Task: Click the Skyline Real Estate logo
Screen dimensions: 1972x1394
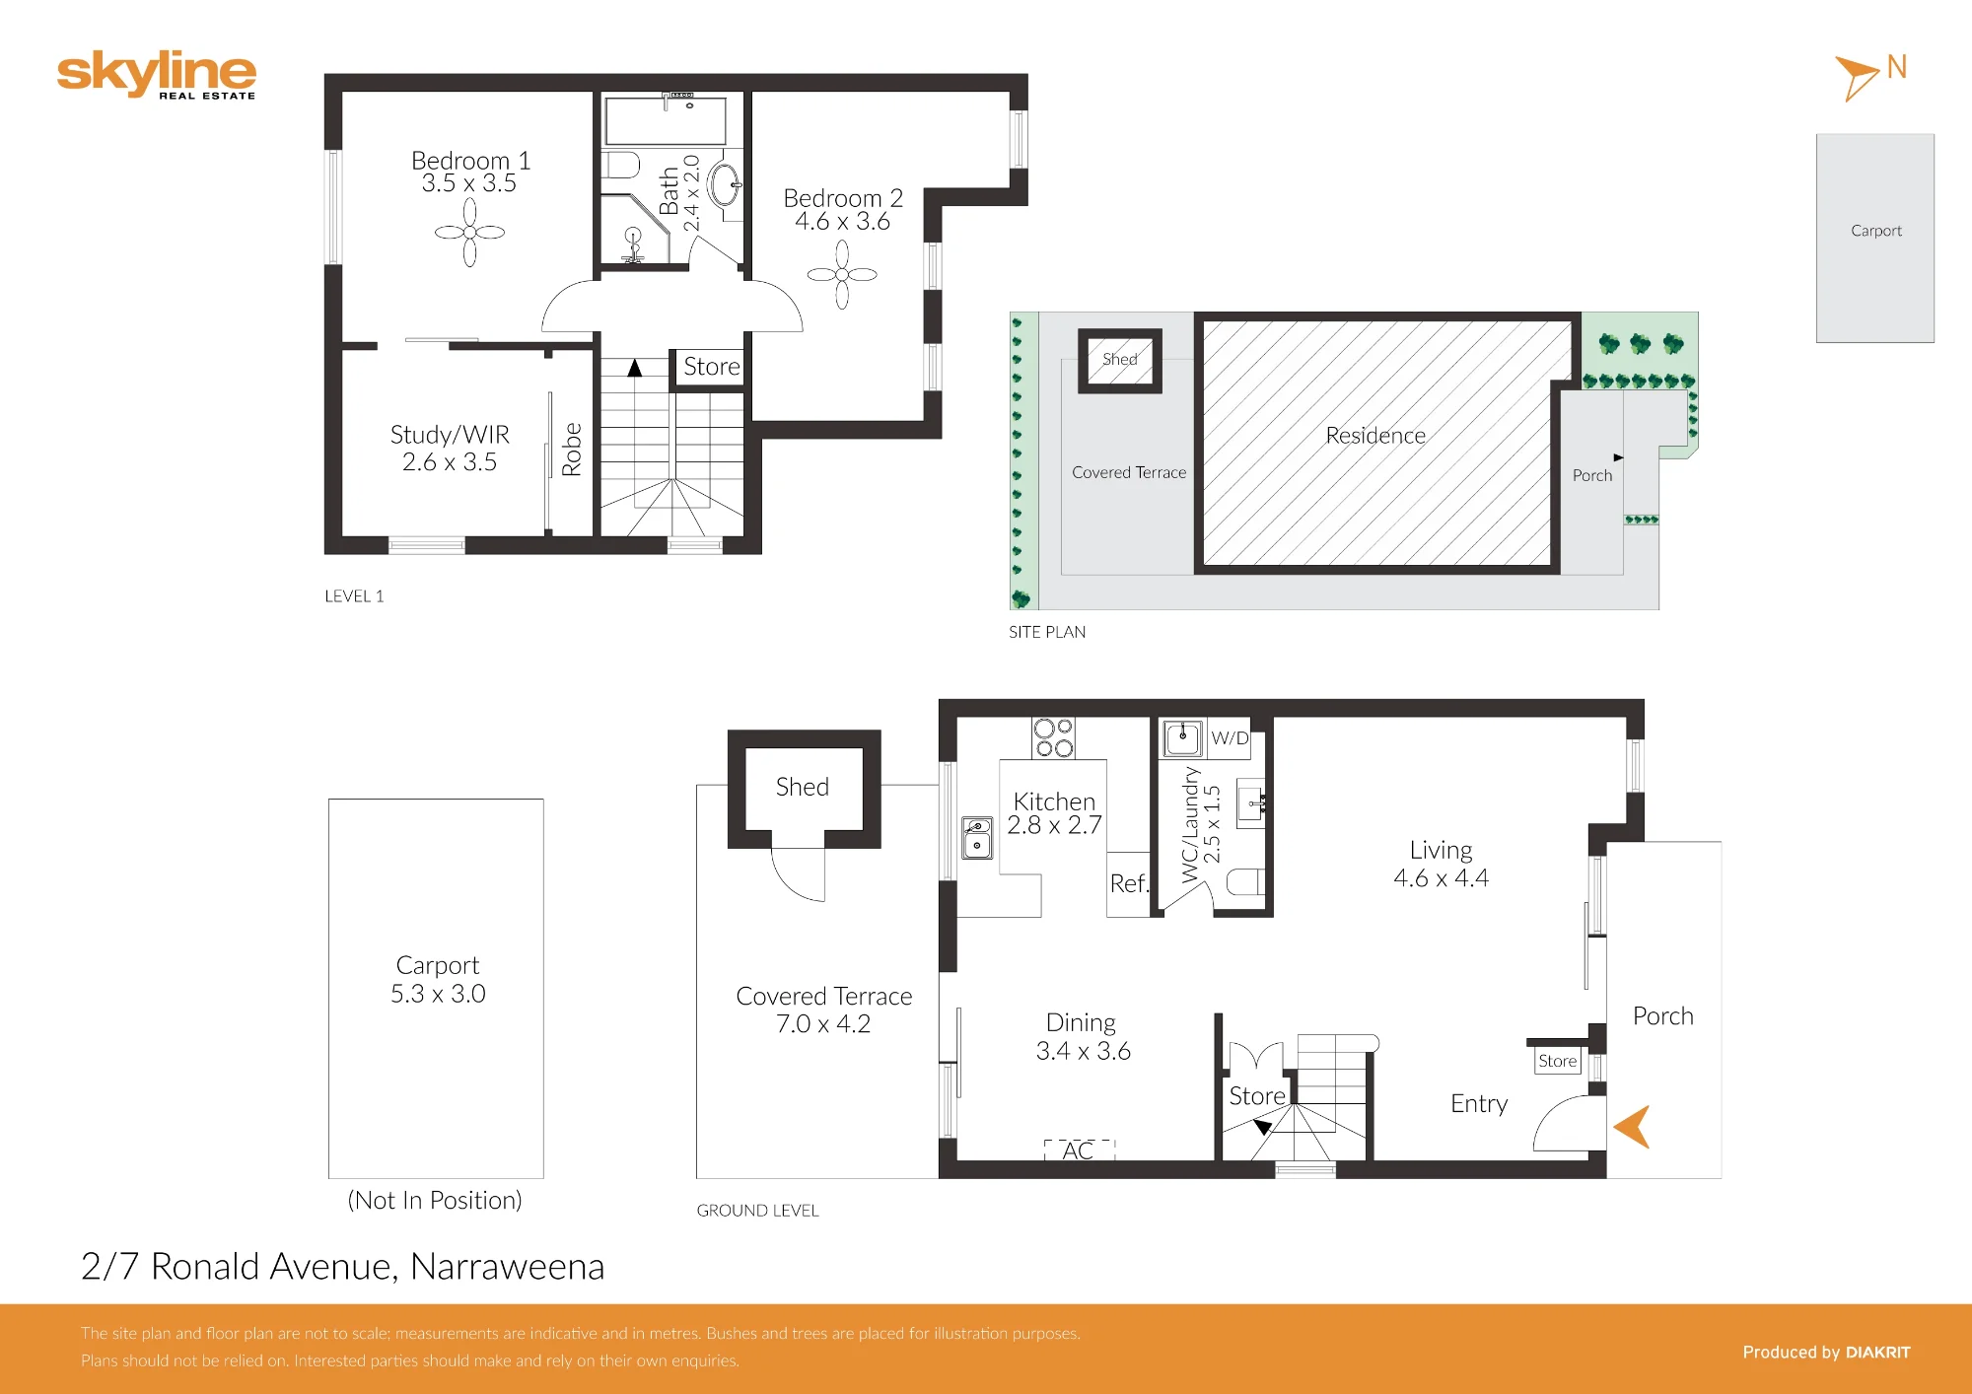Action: click(157, 74)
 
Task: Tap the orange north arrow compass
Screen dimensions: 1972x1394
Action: click(1857, 77)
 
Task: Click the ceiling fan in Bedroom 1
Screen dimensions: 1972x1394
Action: click(469, 233)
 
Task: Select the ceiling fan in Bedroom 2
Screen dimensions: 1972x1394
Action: click(842, 275)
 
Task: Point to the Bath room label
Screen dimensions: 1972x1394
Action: click(669, 190)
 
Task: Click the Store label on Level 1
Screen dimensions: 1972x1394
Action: click(712, 367)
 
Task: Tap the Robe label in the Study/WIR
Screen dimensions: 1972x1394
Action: click(572, 450)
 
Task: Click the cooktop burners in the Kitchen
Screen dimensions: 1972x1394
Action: click(1053, 738)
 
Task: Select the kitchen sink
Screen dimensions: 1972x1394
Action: click(977, 838)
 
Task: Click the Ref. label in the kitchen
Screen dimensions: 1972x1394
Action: click(1129, 883)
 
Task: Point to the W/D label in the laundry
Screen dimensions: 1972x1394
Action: click(1230, 738)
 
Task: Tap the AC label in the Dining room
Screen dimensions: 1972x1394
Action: click(1078, 1150)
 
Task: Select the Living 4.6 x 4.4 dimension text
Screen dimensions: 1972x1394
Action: click(1441, 878)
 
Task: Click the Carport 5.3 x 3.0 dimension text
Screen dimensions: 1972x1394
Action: click(438, 994)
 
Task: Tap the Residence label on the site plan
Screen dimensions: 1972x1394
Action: click(1375, 436)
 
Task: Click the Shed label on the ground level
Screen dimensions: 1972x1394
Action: click(803, 787)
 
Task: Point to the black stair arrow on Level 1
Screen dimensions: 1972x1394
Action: click(635, 368)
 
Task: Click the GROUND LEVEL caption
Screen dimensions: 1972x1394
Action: click(757, 1211)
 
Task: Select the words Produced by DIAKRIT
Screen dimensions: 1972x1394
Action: click(1826, 1353)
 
